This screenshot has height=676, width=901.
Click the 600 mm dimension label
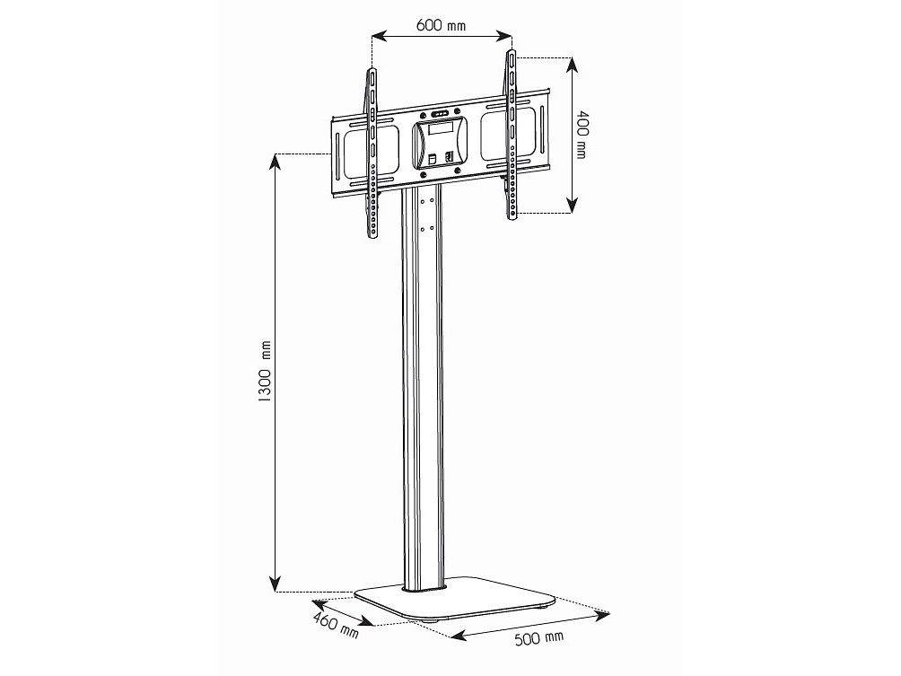(441, 25)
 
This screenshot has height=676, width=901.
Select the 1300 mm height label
(264, 372)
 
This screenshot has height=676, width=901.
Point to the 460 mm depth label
(336, 624)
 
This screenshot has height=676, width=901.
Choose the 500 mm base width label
(539, 637)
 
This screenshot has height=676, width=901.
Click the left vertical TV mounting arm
(372, 154)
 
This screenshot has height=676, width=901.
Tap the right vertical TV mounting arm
(511, 135)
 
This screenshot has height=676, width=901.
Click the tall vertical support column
(423, 388)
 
